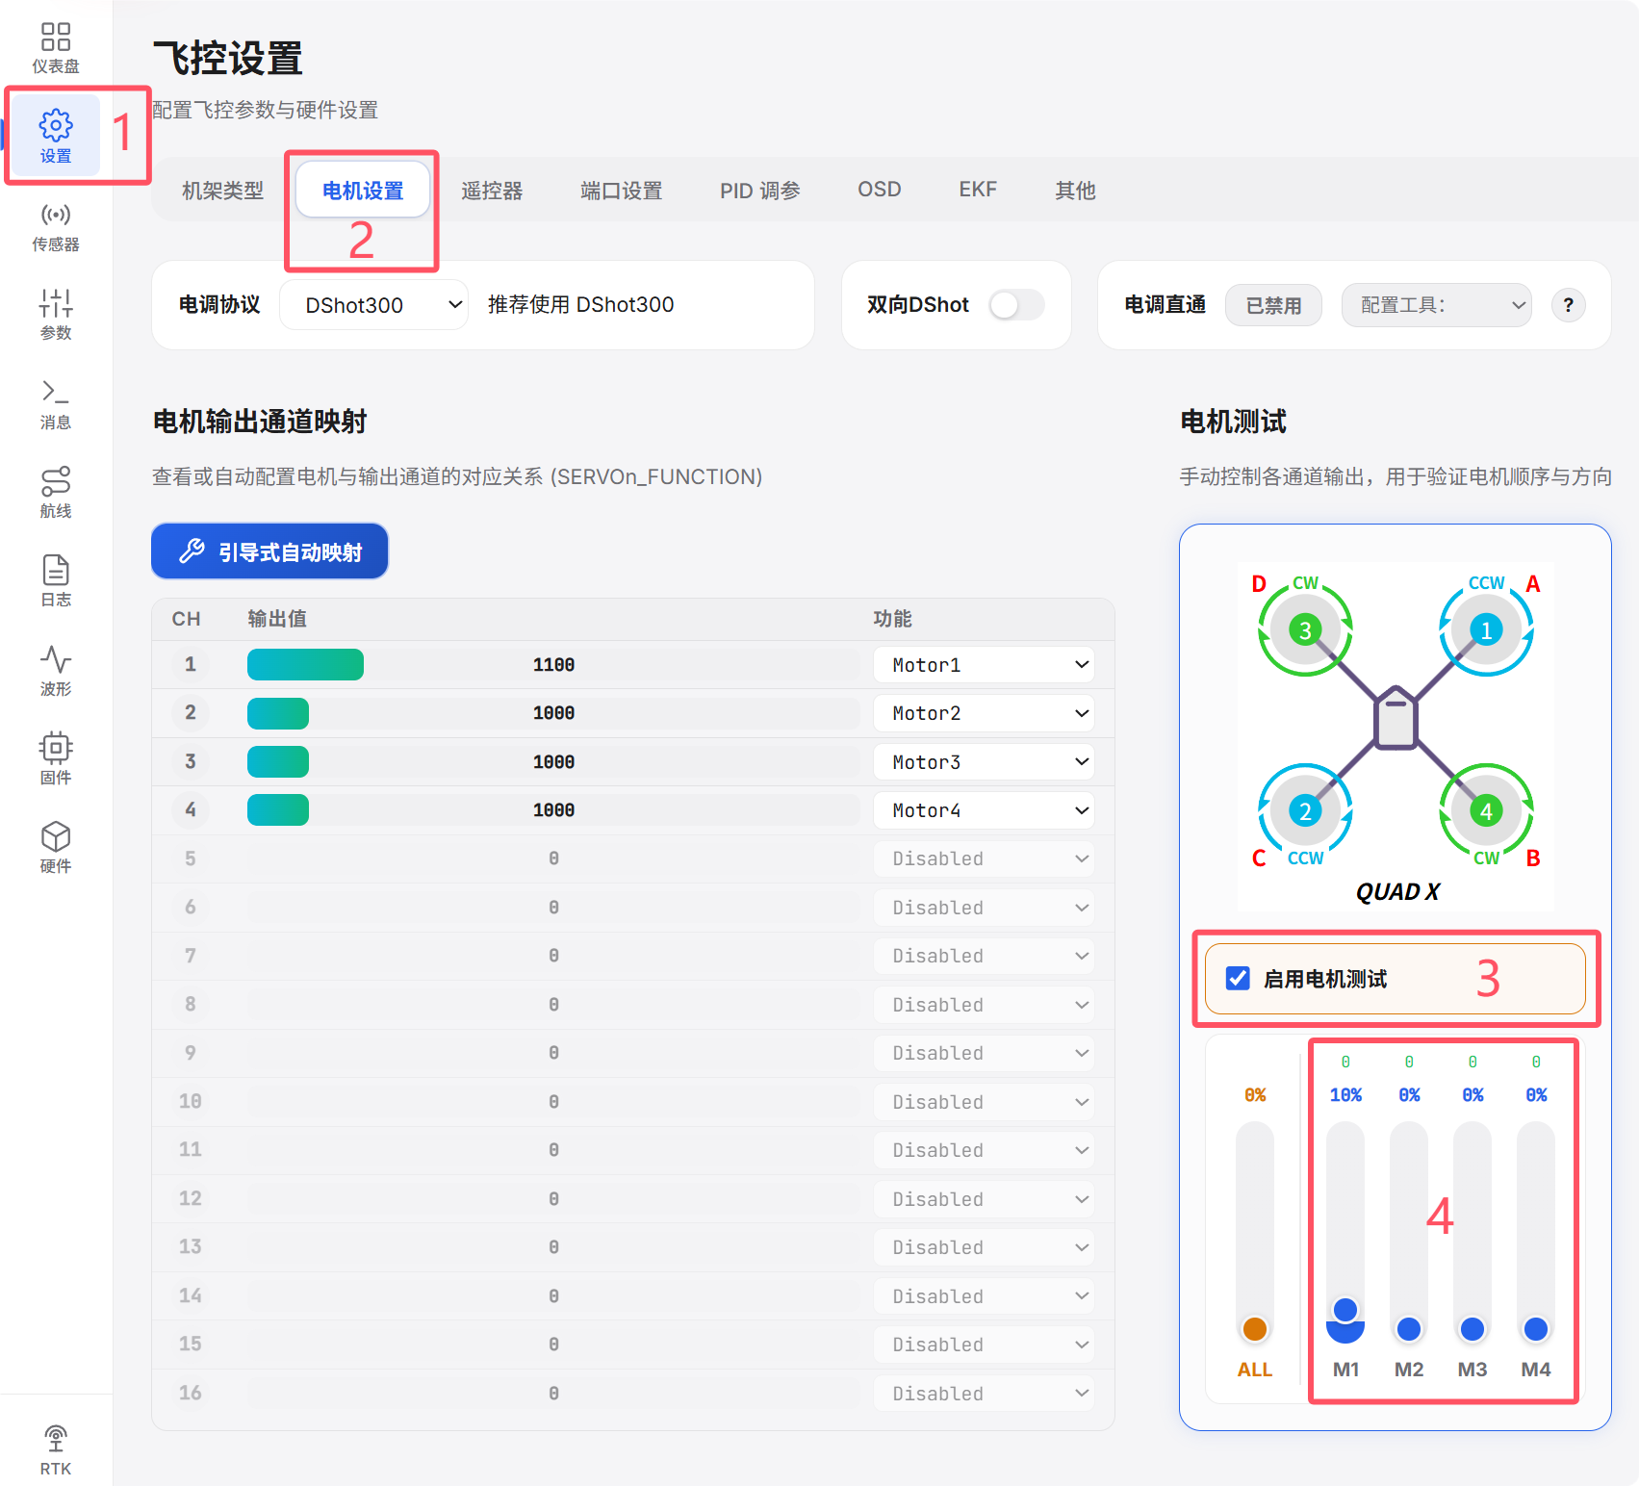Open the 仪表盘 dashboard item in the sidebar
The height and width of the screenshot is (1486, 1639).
click(x=56, y=47)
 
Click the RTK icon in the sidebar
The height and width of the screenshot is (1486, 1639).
click(x=56, y=1439)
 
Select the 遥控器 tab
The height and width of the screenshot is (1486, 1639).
click(x=492, y=191)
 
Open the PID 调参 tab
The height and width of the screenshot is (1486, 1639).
click(x=760, y=191)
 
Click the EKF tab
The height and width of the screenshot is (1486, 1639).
click(x=978, y=190)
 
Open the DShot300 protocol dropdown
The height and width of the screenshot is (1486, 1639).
click(x=374, y=305)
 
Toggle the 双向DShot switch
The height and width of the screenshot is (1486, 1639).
click(x=1017, y=305)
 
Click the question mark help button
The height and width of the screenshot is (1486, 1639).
click(x=1569, y=305)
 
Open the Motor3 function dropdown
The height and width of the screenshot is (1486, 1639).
click(x=984, y=762)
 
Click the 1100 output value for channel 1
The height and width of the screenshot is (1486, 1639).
click(x=553, y=665)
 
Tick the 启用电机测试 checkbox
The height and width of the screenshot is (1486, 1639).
click(x=1239, y=979)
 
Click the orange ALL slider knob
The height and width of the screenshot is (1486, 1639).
click(x=1255, y=1329)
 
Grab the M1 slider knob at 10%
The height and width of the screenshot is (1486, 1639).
click(x=1345, y=1310)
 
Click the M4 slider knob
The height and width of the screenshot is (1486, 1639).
click(x=1536, y=1329)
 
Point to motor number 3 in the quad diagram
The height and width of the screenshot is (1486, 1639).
click(x=1305, y=630)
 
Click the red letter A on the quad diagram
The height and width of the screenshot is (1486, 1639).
click(x=1533, y=584)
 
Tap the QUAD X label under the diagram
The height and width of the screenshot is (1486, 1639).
click(x=1397, y=892)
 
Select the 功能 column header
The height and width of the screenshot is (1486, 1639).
click(x=892, y=619)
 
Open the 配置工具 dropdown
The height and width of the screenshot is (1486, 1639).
click(x=1436, y=305)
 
